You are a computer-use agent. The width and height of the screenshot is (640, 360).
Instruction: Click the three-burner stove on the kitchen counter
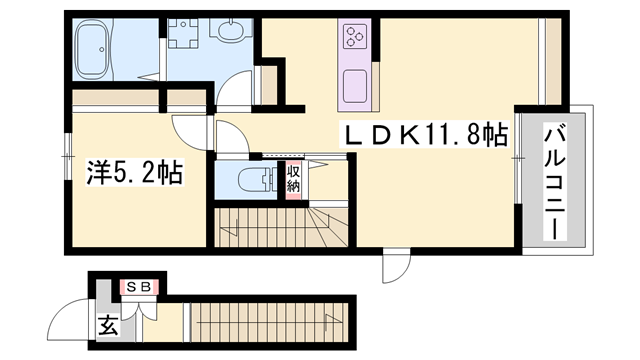pyautogui.click(x=356, y=39)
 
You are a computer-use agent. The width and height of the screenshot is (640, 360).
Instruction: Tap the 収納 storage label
pyautogui.click(x=294, y=180)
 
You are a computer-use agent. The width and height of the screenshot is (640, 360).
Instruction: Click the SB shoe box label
pyautogui.click(x=139, y=288)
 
